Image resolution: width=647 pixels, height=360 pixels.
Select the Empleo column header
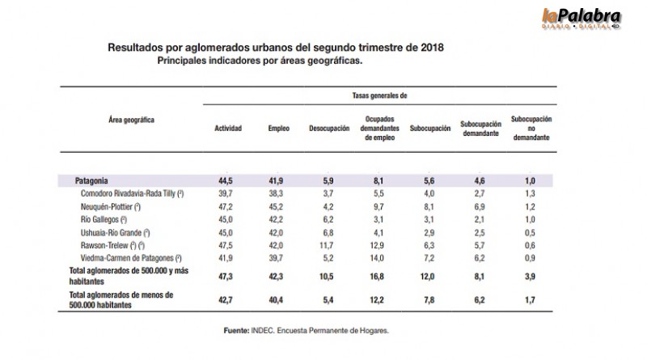279,129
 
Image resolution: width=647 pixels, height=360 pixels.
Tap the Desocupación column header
328,129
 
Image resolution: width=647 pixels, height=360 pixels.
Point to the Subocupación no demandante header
532,129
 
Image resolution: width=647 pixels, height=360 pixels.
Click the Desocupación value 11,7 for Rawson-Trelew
328,245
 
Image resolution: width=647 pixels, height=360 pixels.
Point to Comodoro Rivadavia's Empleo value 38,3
279,193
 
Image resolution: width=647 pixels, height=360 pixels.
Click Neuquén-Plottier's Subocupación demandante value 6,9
480,206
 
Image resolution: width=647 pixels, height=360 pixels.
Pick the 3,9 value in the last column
531,276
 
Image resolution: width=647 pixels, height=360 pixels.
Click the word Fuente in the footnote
236,332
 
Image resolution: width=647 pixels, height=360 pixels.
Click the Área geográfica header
131,119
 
